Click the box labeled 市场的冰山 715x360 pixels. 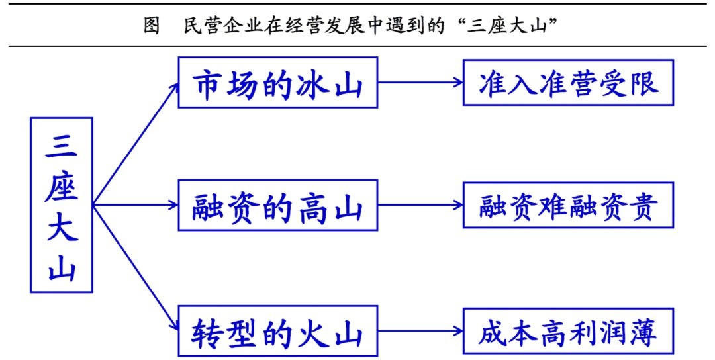click(x=278, y=83)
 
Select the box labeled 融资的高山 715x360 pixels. click(x=278, y=206)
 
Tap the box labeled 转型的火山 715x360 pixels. click(x=278, y=333)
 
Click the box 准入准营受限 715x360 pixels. click(x=569, y=83)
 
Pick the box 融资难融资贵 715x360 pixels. click(x=569, y=206)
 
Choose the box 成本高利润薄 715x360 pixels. click(x=569, y=333)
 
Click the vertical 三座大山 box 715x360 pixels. click(x=61, y=205)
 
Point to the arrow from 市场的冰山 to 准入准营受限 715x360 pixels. click(x=420, y=83)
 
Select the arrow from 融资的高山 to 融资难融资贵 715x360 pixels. click(x=420, y=206)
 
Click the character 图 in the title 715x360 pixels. click(x=151, y=25)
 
